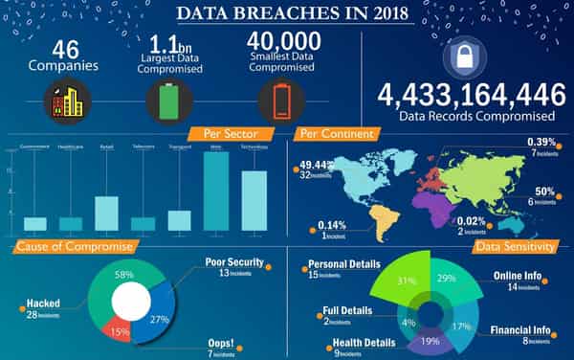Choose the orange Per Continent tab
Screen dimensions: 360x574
pos(333,134)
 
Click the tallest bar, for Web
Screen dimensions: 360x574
pos(216,191)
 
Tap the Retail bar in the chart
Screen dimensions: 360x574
pos(107,214)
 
